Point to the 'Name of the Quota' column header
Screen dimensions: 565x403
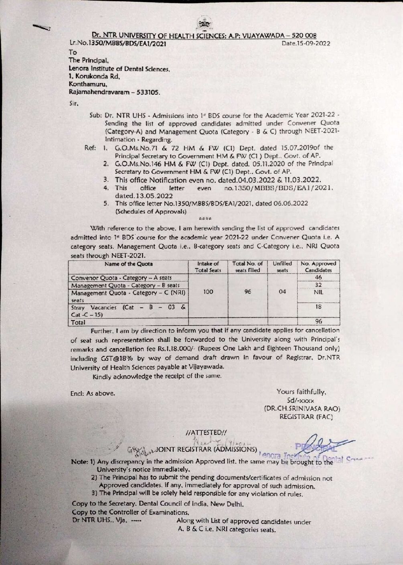click(x=128, y=264)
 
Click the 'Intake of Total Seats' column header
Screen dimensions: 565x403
click(x=208, y=267)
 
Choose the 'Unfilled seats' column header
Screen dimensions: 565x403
click(x=282, y=267)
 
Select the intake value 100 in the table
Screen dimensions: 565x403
click(x=208, y=292)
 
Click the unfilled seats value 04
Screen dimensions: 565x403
click(x=282, y=292)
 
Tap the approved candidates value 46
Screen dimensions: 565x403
click(x=318, y=278)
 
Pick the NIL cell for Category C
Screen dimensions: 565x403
click(x=318, y=293)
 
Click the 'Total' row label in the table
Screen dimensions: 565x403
click(x=77, y=322)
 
